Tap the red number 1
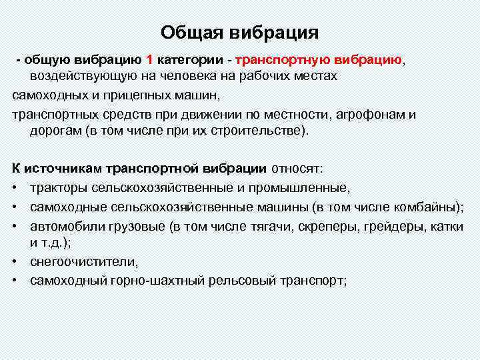[150, 60]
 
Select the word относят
[297, 167]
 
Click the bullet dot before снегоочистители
[15, 262]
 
